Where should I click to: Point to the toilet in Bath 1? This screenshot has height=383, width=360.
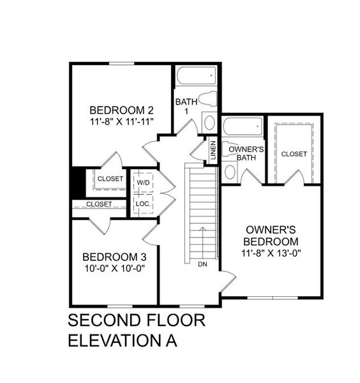tap(206, 100)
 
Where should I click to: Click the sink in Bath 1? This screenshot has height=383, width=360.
tap(209, 122)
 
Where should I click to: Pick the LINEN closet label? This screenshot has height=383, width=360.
tap(213, 151)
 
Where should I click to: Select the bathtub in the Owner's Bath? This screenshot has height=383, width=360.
tap(243, 126)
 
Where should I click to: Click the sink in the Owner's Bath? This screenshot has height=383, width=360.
tap(230, 171)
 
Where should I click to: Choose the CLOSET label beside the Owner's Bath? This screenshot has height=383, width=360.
tap(294, 154)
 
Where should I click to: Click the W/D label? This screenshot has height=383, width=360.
tap(143, 181)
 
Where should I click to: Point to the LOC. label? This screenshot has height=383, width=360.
tap(142, 204)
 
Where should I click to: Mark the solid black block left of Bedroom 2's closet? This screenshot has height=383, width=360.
tap(77, 182)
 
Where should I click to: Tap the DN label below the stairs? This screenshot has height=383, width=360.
tap(202, 264)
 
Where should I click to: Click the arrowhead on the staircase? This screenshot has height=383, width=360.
tap(202, 229)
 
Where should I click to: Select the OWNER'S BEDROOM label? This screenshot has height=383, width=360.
tap(272, 236)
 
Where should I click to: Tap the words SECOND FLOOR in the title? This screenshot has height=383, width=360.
tap(137, 320)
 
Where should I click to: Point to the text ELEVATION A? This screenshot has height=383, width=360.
tap(121, 340)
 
